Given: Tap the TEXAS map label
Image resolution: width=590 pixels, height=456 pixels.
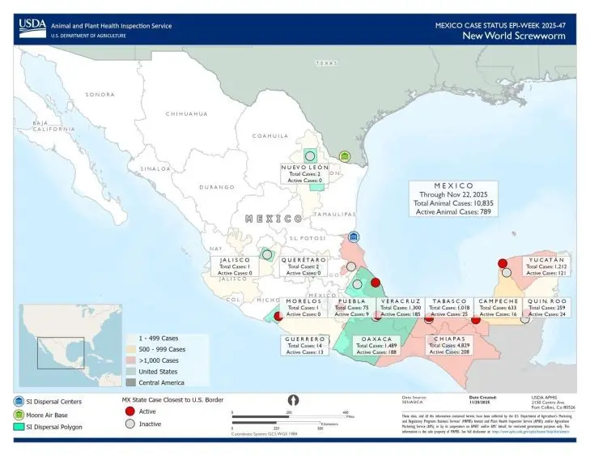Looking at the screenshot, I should pos(326,63).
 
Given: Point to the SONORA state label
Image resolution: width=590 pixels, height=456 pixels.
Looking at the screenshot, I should pos(100,95).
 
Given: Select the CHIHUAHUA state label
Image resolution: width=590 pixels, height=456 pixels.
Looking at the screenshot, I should pos(188,114).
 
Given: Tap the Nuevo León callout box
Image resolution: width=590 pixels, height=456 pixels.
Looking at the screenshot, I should pos(302,173).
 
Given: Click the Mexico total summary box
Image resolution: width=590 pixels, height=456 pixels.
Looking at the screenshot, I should pos(453,198).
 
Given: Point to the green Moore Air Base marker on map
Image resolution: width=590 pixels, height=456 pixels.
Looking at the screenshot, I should pos(345,156).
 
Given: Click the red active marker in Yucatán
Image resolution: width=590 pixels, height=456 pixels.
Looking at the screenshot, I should pos(502,263).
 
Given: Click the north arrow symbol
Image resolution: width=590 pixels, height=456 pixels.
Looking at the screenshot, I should pos(294,399).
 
